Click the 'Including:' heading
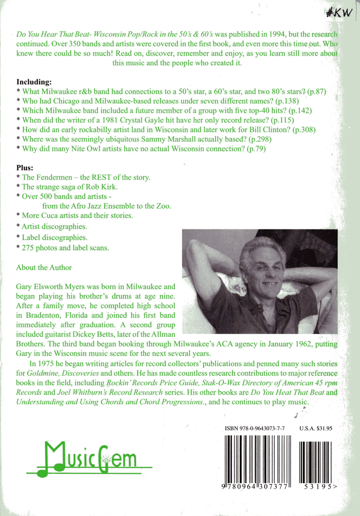pos(34,82)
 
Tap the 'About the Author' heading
pos(44,268)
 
